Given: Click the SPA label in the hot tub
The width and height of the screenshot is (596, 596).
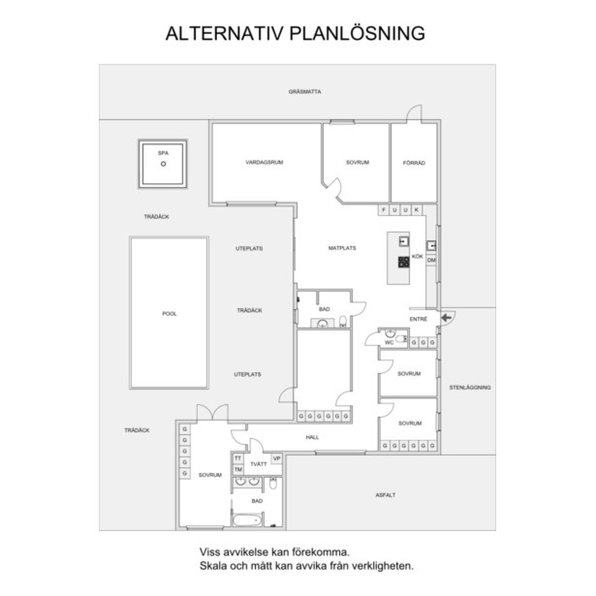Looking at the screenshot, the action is [x=163, y=153].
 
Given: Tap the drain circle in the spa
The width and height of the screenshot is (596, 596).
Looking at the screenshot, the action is [x=163, y=164].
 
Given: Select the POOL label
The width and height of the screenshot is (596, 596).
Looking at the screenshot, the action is [x=169, y=313].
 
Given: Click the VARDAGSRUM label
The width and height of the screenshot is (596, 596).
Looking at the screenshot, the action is [x=264, y=162].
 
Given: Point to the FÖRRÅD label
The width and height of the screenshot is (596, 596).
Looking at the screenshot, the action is [x=414, y=163].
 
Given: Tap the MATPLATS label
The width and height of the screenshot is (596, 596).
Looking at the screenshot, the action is [x=342, y=248].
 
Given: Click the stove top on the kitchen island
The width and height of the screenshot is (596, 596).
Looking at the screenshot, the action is [x=404, y=262].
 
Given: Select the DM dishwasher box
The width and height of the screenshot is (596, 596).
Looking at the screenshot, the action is [x=431, y=260].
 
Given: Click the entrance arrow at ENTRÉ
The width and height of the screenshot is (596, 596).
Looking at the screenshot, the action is [x=446, y=318].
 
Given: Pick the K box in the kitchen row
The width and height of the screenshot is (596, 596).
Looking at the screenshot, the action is [x=416, y=210].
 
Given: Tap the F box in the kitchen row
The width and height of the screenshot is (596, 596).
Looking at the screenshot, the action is [x=383, y=210].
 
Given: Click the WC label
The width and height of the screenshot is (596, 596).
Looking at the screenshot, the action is [x=389, y=342].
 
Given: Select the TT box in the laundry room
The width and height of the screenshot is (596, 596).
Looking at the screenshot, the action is [x=238, y=458].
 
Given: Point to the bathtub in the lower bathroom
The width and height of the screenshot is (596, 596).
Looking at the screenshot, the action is [x=247, y=520].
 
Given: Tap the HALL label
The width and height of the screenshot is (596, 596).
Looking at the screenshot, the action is [x=312, y=437].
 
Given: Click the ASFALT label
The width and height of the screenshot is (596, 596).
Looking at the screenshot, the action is [x=385, y=495].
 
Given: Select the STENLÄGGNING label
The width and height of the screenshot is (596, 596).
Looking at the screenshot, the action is [x=470, y=387].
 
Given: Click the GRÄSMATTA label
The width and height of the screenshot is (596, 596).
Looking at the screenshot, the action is [x=304, y=91].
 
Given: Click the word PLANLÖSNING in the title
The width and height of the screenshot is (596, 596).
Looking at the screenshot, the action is [x=357, y=33].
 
